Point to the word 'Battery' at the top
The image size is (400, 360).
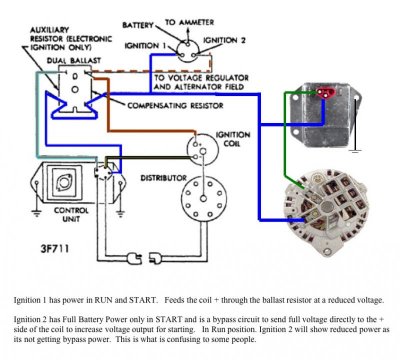pos(140,21)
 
